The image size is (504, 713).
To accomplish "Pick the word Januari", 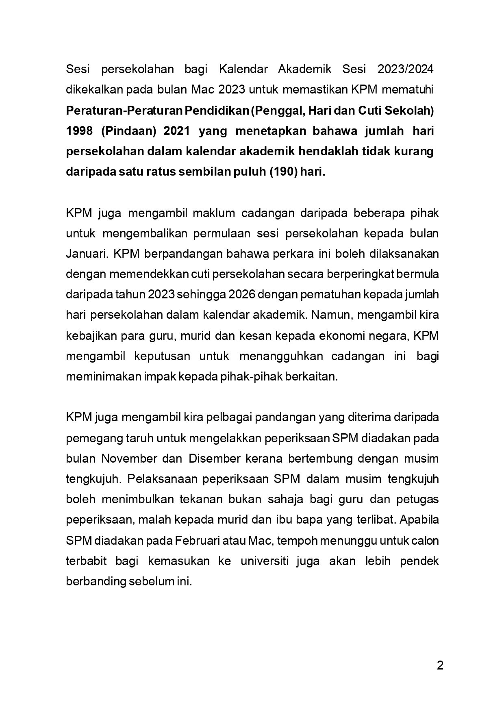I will click(x=87, y=254).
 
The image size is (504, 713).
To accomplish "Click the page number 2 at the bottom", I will click(x=440, y=666).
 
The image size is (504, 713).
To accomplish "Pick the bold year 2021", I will click(x=177, y=131).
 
